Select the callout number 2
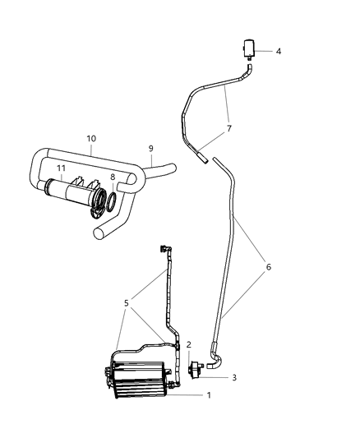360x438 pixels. click(x=188, y=345)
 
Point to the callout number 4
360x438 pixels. click(x=278, y=51)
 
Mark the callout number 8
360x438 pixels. click(x=113, y=177)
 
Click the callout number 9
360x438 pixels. click(x=150, y=149)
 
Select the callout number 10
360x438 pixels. click(x=91, y=139)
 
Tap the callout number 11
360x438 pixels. click(x=60, y=168)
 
